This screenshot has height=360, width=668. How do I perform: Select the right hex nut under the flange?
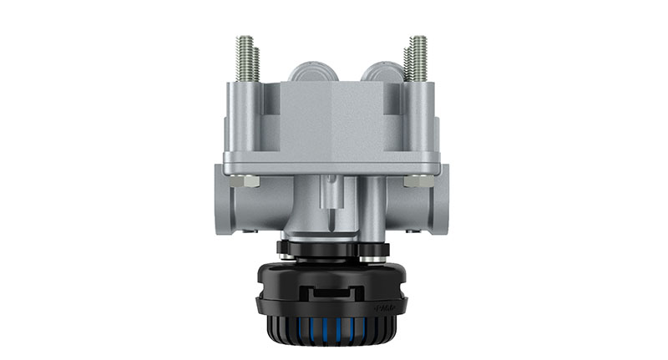[x=415, y=180]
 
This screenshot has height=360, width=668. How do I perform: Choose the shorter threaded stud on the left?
[x=257, y=64]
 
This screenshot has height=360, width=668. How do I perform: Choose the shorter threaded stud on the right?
[x=408, y=64]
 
